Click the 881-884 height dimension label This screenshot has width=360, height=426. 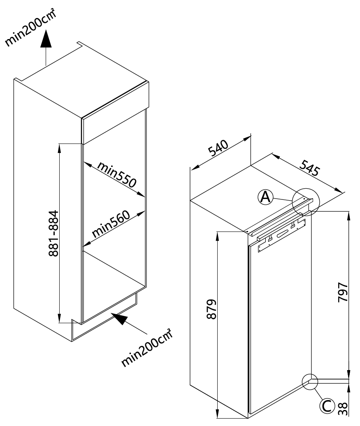coord(53,234)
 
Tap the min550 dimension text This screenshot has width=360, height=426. coord(117,174)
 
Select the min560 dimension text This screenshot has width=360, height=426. coord(111,225)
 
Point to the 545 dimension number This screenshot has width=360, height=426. coord(310,168)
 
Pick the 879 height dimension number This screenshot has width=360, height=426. coord(211,309)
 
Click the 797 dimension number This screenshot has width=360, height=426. coord(343,292)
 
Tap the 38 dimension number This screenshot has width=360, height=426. coord(343,409)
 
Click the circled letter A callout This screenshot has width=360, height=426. coord(265,197)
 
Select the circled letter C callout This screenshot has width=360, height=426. coord(327,406)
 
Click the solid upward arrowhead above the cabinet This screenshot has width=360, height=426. coord(46,39)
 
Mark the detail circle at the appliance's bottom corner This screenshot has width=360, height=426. coord(310,382)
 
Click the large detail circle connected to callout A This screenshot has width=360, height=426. coord(306,202)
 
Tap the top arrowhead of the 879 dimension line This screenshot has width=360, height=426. coord(217,236)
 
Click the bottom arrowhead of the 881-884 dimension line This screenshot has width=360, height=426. coord(59,318)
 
